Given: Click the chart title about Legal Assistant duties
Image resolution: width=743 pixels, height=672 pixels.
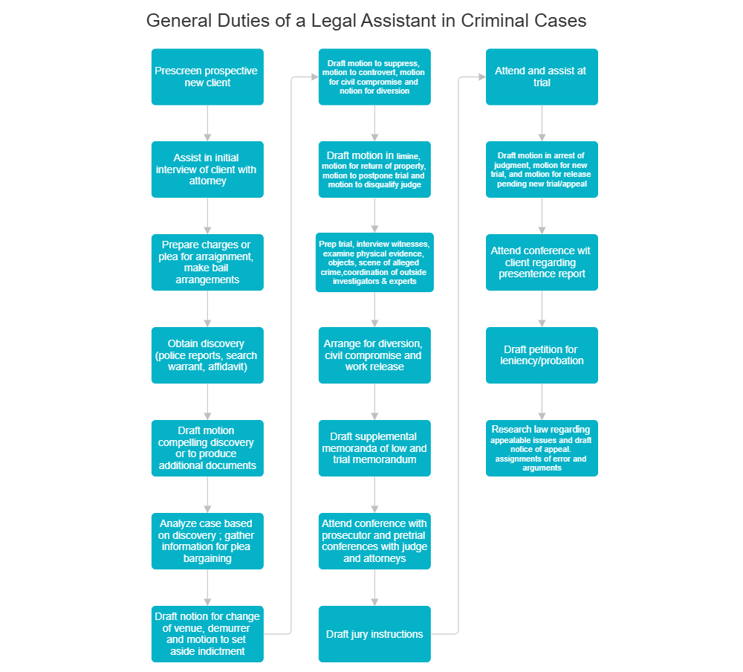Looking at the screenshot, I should coord(366,20).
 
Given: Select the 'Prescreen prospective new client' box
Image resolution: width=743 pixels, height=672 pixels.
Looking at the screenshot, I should coord(207,77).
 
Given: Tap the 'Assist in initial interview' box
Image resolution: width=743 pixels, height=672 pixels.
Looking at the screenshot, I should coord(207,169).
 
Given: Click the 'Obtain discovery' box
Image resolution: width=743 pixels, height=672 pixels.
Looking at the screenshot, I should coord(207,355).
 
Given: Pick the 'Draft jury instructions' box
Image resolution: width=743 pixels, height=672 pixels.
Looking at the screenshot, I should coord(374,634).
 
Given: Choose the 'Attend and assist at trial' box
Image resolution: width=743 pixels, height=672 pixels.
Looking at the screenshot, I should coord(542,77).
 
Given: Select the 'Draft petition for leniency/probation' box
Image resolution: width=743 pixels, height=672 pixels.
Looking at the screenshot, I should coord(542,355).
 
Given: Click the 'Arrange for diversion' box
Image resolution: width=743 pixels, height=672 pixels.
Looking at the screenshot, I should coord(374,355).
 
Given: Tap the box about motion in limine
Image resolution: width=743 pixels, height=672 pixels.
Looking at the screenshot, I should coord(374,169).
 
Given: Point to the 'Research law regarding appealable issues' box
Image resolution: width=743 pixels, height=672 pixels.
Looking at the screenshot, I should coord(542,448).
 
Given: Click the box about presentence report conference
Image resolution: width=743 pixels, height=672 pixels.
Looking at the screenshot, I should coord(542,262).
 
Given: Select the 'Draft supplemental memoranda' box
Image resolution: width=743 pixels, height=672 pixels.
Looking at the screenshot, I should coord(374,448).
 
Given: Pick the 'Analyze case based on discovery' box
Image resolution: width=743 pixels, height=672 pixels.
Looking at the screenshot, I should coord(207,541).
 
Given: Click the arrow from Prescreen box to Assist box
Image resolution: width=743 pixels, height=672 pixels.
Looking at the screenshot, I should coord(207,123).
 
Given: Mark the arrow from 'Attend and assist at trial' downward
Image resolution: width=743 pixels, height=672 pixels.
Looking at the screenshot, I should coord(542,123).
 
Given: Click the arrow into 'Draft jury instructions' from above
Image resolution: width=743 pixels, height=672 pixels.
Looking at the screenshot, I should coord(374,588).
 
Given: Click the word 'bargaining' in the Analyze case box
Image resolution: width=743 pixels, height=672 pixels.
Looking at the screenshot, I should coord(207,558).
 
